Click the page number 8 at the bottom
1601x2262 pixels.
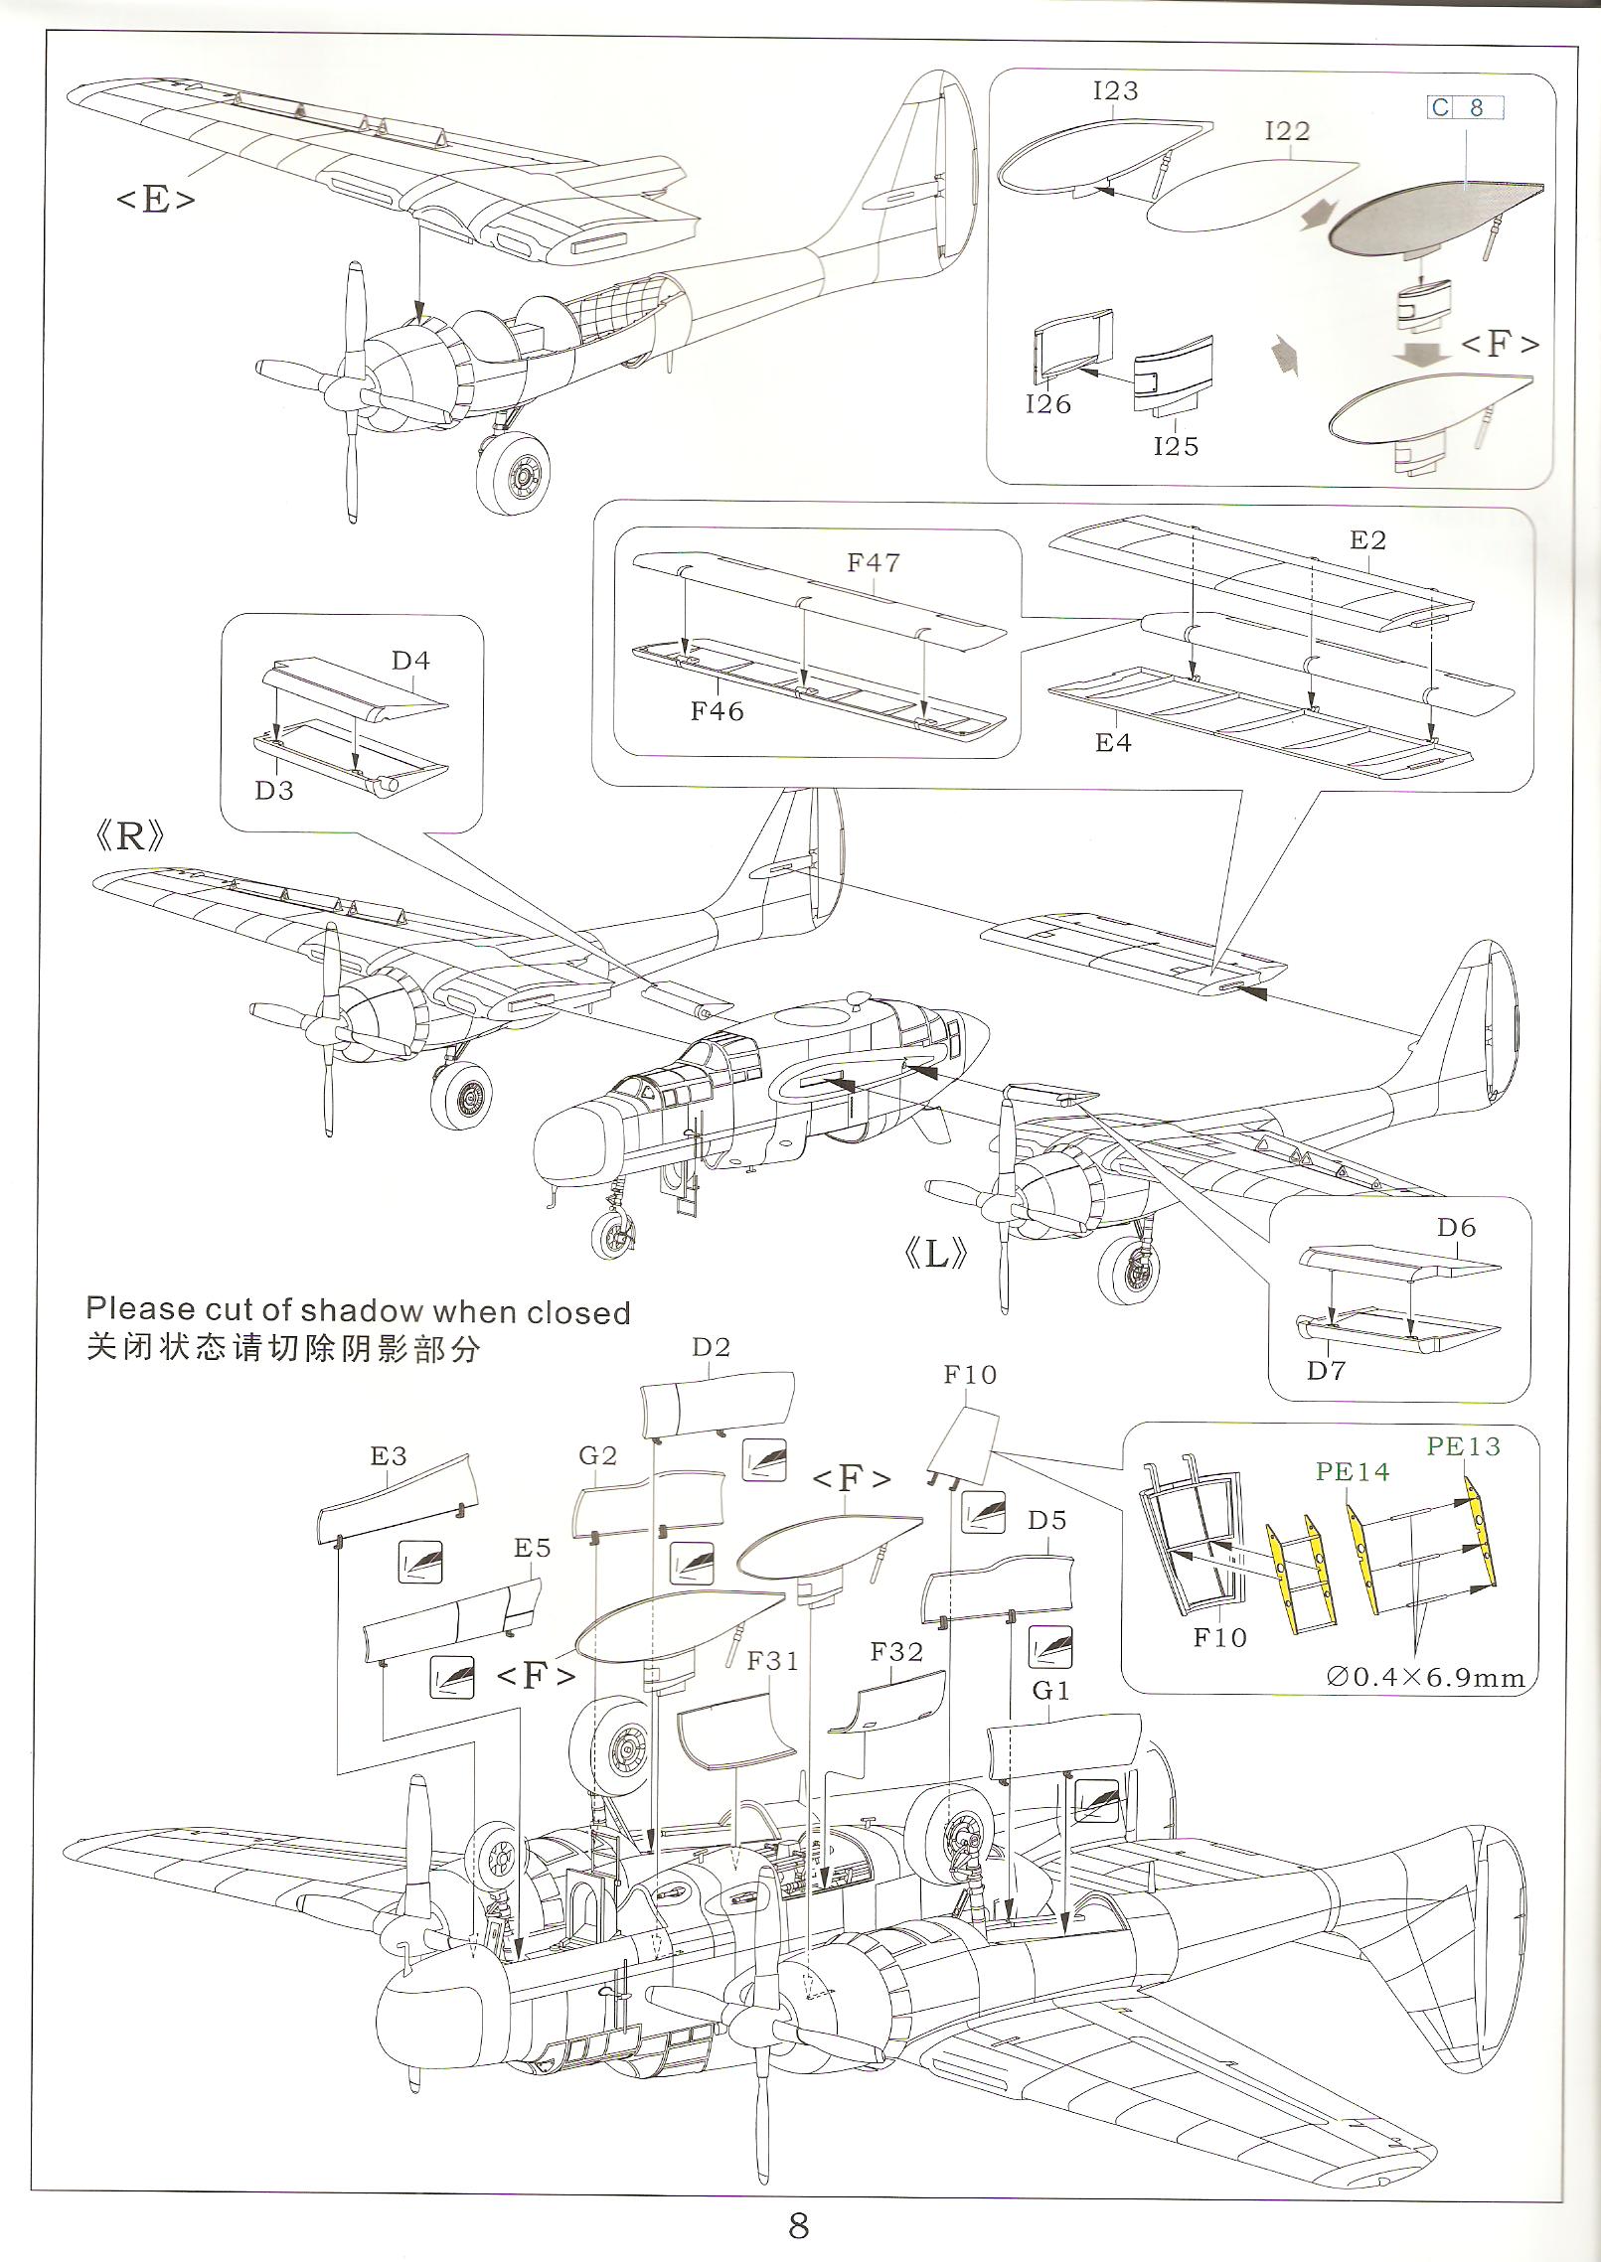click(798, 2225)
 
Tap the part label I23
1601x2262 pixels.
click(1115, 91)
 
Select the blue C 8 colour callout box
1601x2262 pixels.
click(1466, 107)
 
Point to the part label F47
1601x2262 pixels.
click(874, 563)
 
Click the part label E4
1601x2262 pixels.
click(1113, 743)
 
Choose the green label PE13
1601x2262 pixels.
click(1463, 1446)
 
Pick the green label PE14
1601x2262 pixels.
click(1352, 1471)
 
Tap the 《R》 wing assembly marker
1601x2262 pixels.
click(129, 837)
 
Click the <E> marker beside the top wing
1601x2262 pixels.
click(155, 200)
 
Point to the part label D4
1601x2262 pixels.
click(410, 661)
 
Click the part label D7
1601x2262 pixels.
click(1326, 1371)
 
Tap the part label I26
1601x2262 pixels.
click(1048, 404)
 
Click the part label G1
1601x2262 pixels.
click(1050, 1690)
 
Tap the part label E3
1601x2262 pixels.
click(389, 1456)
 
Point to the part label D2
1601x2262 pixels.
click(711, 1347)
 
